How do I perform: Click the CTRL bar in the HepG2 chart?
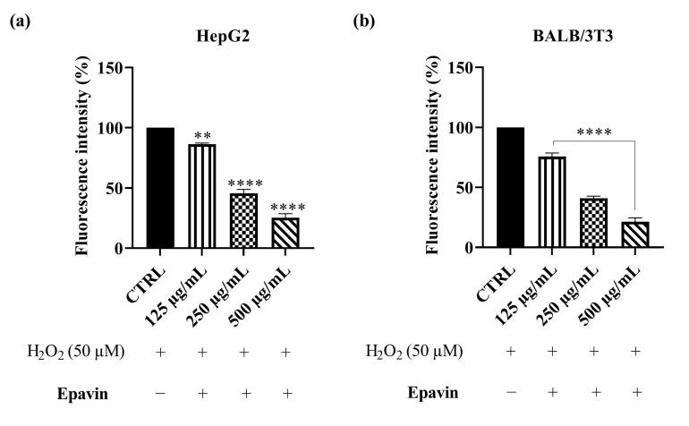click(160, 188)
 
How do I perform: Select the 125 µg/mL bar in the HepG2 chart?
click(203, 196)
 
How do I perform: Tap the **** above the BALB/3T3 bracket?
click(593, 132)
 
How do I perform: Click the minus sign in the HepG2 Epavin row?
click(161, 393)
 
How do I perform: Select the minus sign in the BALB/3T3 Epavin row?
click(511, 393)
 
